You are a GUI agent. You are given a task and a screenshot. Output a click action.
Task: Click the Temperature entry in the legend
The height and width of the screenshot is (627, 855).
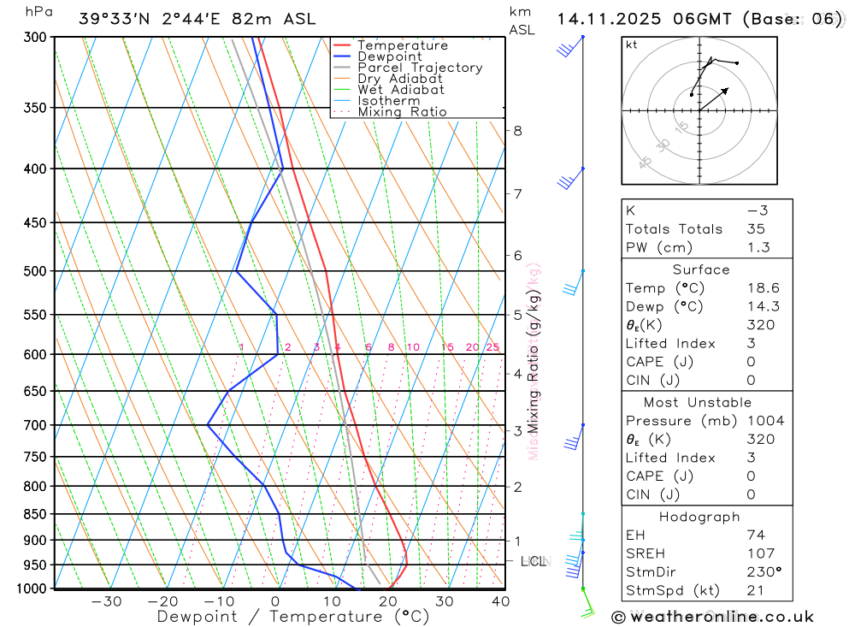pos(402,45)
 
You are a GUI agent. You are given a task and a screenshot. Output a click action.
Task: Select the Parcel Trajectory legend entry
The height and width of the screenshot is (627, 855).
pos(420,68)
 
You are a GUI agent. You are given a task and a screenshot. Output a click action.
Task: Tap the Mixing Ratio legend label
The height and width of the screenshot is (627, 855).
pos(402,112)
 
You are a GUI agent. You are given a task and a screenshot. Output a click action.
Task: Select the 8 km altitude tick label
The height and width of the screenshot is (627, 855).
pos(517,131)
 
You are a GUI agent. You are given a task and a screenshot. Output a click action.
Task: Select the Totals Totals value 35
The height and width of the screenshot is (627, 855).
pos(757,229)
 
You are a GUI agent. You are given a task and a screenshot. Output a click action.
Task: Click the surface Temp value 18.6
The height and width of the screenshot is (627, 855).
pos(762,288)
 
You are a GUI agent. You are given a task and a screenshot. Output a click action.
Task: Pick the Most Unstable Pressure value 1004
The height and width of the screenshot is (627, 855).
pos(764,421)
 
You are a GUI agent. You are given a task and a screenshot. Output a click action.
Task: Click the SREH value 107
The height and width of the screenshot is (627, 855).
pos(759,553)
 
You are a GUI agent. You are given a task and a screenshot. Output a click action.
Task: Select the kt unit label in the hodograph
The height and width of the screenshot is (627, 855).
pos(632,44)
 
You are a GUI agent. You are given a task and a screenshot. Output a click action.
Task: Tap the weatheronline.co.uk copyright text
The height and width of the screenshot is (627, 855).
pos(712,617)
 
